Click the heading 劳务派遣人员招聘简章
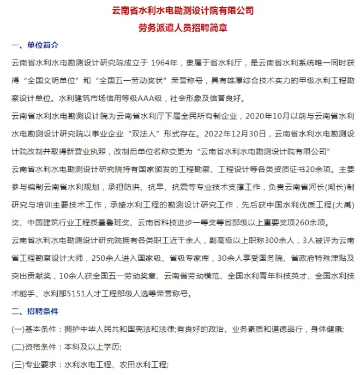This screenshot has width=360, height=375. tap(180, 27)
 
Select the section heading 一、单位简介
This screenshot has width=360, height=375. tap(35, 45)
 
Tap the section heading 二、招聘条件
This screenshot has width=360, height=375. tap(35, 312)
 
